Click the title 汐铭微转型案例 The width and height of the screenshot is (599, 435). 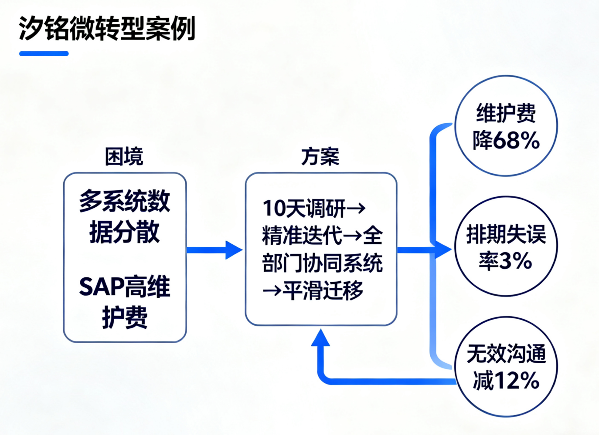[x=107, y=28]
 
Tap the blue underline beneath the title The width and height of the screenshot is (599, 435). [x=44, y=54]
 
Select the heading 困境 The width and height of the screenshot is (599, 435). [x=124, y=156]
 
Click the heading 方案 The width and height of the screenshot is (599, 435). [x=320, y=156]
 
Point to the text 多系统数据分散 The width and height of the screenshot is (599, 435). [x=125, y=216]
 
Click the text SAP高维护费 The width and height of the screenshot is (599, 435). [x=125, y=302]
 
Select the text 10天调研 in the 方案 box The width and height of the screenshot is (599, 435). [x=304, y=209]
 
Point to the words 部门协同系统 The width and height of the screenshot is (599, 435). [x=323, y=263]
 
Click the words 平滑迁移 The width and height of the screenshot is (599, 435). [x=323, y=290]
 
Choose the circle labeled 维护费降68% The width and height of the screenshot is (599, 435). [x=506, y=126]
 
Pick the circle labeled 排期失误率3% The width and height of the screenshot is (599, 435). [x=506, y=246]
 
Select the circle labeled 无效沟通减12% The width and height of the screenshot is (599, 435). [x=506, y=367]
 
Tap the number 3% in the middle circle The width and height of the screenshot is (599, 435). [x=515, y=261]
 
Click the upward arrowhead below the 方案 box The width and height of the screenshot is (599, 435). [x=320, y=338]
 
